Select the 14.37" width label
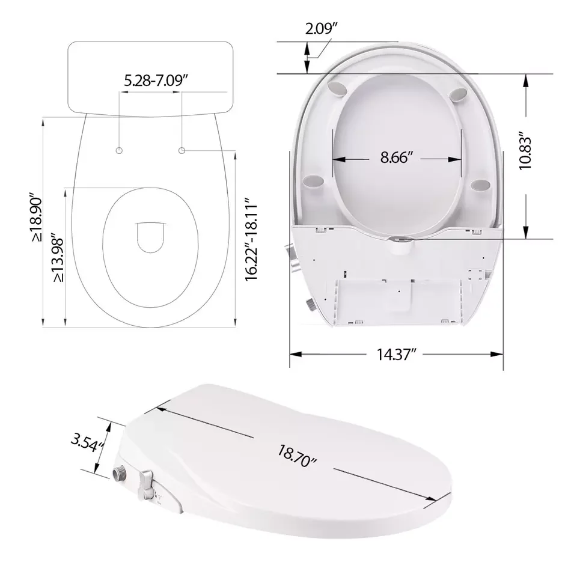coord(396,355)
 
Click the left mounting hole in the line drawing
coord(120,149)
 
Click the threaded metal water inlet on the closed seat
coord(119,474)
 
